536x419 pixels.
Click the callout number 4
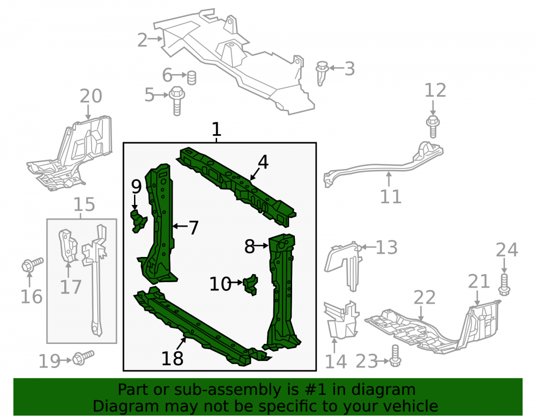[263, 162]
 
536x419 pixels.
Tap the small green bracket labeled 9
[138, 221]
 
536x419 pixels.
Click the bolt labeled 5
[177, 100]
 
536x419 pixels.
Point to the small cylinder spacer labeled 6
[192, 78]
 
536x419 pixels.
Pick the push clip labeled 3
[322, 73]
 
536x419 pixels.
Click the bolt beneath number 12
[433, 126]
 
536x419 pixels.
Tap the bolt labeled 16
[32, 264]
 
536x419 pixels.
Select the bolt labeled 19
[83, 357]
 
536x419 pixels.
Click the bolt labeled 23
[395, 355]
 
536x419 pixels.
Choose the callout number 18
[172, 358]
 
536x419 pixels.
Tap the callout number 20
[91, 96]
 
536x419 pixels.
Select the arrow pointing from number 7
[180, 226]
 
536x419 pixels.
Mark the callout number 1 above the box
[217, 130]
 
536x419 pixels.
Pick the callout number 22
[425, 297]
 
